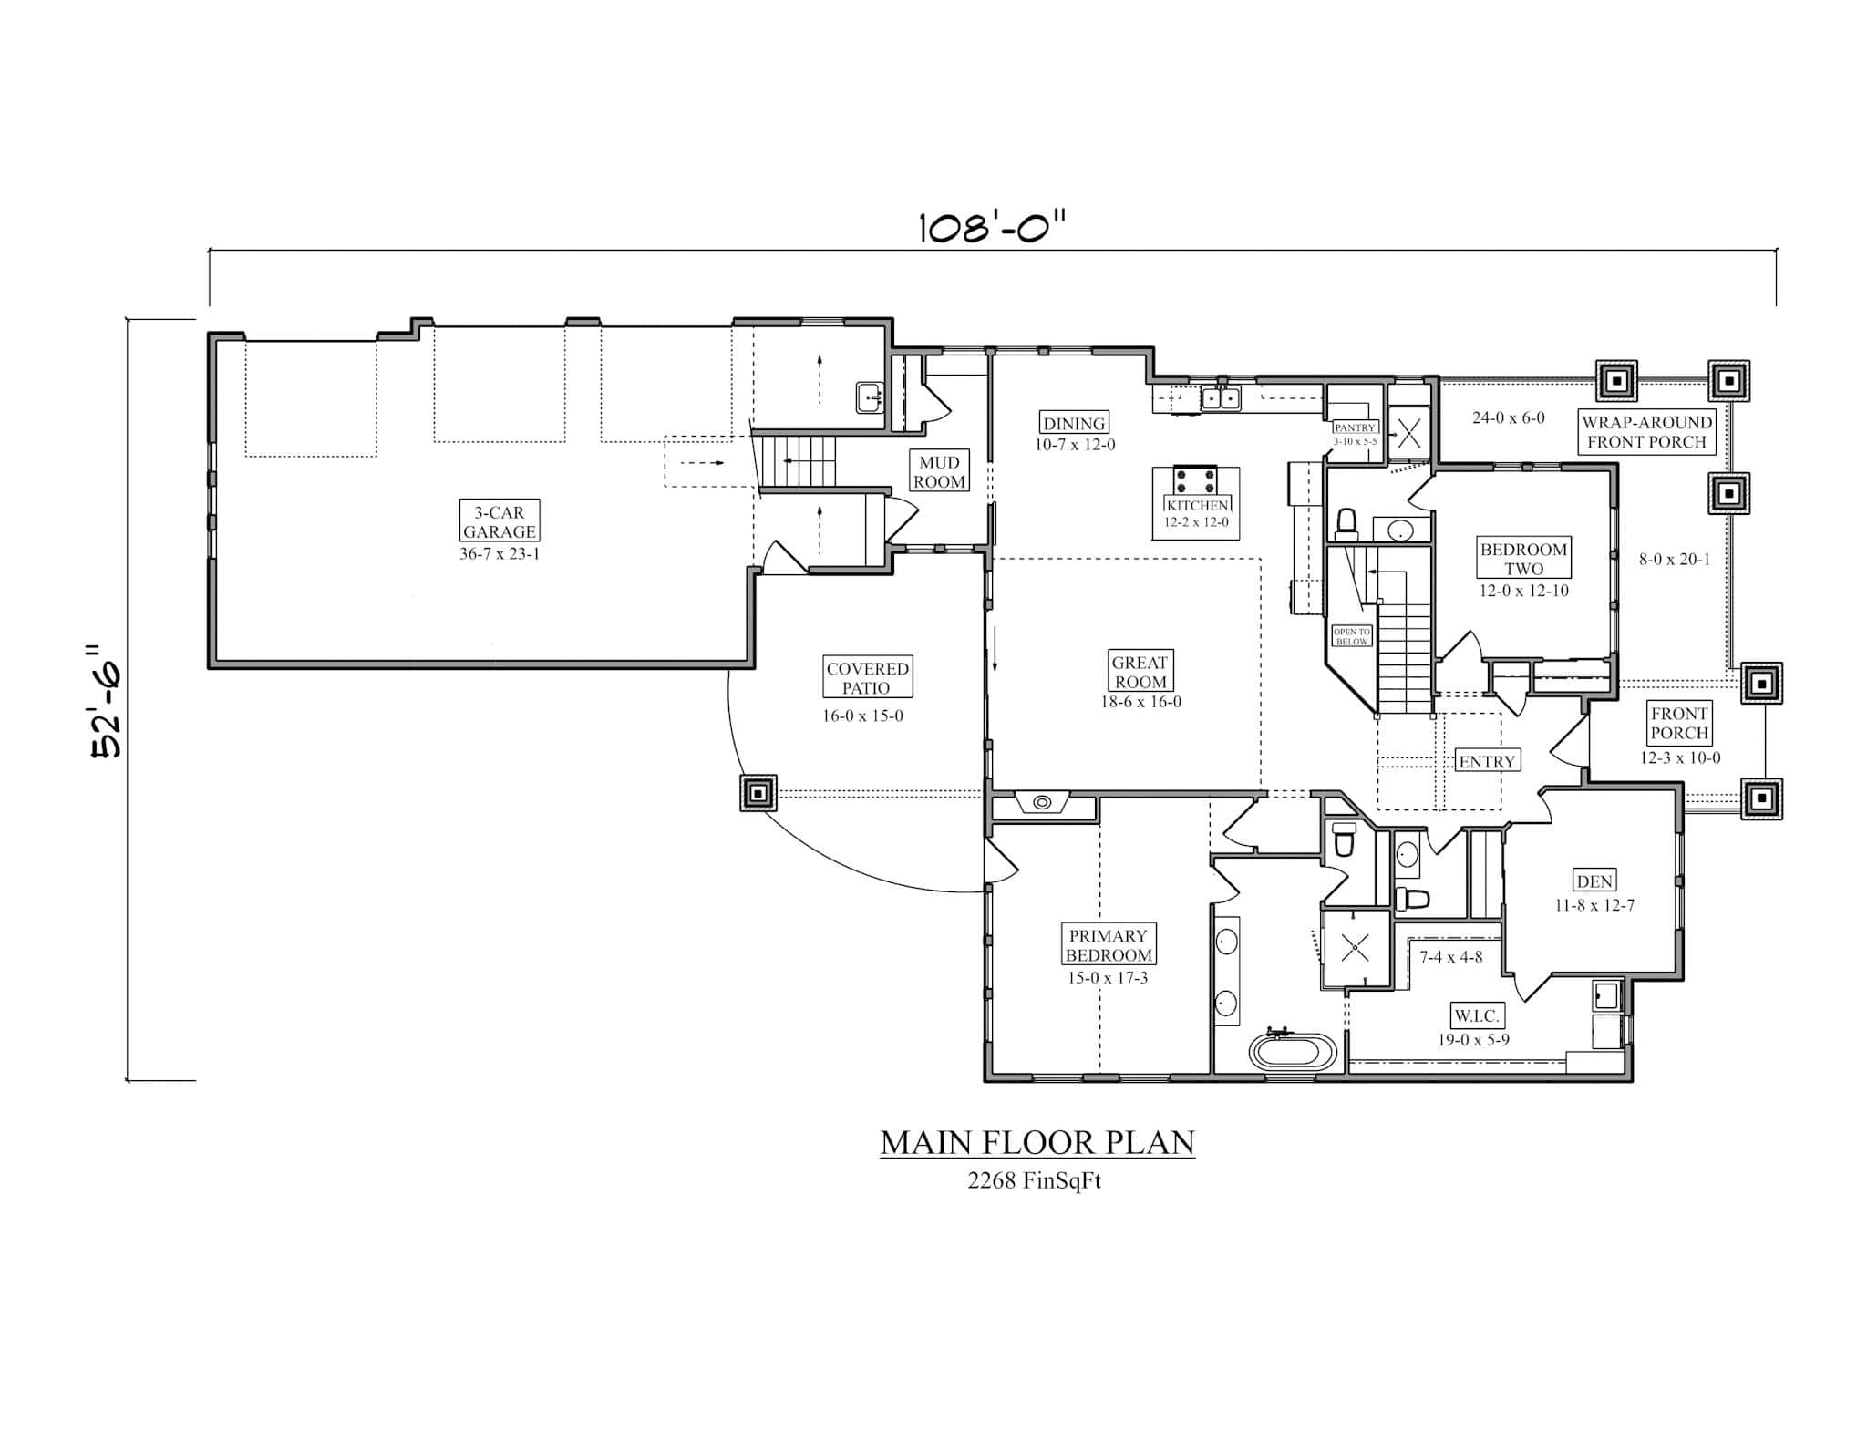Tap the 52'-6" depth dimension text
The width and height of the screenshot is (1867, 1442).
tap(107, 701)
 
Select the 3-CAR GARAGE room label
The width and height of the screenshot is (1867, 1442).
tap(499, 522)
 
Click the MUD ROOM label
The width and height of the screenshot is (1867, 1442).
tap(939, 472)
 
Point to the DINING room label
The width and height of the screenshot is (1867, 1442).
tap(1074, 423)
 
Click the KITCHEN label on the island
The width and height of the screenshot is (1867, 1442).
tap(1197, 505)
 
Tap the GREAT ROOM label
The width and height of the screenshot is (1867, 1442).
tap(1140, 672)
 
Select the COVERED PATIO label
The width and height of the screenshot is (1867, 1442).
tap(867, 678)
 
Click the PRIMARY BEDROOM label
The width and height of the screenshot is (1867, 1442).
tap(1109, 945)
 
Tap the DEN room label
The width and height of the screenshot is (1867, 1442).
tap(1594, 881)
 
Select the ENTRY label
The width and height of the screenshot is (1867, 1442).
tap(1487, 761)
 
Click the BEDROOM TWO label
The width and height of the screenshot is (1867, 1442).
tap(1523, 559)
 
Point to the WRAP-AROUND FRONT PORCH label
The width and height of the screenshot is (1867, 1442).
tap(1646, 432)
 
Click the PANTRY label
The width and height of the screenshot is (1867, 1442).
tap(1354, 427)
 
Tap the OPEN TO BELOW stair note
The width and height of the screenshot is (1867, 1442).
tap(1351, 636)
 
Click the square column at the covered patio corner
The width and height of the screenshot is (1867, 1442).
tap(758, 793)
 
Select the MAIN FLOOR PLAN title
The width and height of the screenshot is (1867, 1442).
tap(1037, 1143)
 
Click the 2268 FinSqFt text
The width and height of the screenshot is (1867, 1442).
tap(1034, 1181)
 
